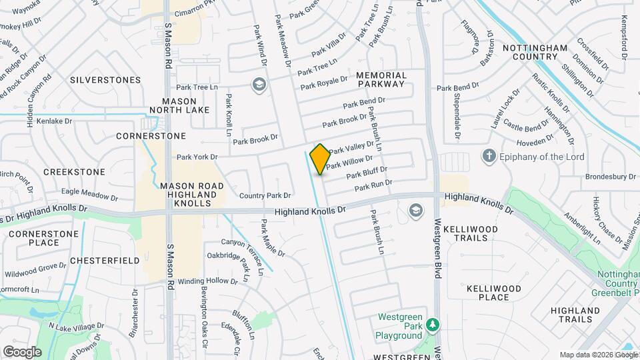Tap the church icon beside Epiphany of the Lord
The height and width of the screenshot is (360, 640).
(489, 157)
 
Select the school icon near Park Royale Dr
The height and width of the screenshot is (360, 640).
(258, 85)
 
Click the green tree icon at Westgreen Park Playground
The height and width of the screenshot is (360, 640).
(434, 325)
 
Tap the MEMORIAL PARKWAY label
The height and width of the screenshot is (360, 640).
(381, 79)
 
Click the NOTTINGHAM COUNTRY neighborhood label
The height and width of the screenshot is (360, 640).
(535, 53)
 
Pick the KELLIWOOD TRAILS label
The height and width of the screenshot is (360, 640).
(471, 233)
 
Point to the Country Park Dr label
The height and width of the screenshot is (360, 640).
(265, 195)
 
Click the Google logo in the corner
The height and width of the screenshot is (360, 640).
(22, 351)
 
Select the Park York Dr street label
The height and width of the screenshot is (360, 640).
(197, 157)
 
